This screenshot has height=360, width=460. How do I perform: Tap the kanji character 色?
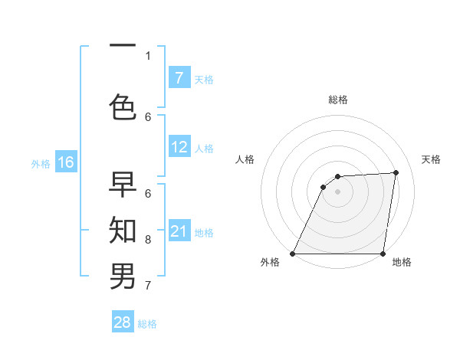pyautogui.click(x=123, y=106)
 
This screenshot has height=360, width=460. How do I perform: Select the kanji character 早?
pyautogui.click(x=123, y=185)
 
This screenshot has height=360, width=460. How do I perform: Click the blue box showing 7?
pyautogui.click(x=179, y=78)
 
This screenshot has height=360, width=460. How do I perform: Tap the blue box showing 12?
pyautogui.click(x=179, y=148)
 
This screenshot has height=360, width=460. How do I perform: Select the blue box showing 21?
pyautogui.click(x=179, y=231)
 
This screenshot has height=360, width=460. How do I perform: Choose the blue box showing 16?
pyautogui.click(x=66, y=162)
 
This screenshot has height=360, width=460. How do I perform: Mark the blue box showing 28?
pyautogui.click(x=123, y=322)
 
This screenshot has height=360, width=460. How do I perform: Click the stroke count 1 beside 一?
pyautogui.click(x=148, y=55)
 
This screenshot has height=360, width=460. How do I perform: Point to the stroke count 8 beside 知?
pyautogui.click(x=148, y=240)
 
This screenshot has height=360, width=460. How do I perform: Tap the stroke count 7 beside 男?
pyautogui.click(x=148, y=286)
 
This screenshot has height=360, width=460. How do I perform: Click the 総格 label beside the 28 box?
pyautogui.click(x=147, y=324)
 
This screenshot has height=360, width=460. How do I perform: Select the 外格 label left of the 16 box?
pyautogui.click(x=41, y=163)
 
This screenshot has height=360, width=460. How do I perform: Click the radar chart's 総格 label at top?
pyautogui.click(x=338, y=100)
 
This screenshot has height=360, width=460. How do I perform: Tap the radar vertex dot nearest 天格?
pyautogui.click(x=396, y=172)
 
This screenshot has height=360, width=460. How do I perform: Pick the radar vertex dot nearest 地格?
pyautogui.click(x=383, y=254)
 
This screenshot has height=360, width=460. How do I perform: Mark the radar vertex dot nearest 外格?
pyautogui.click(x=293, y=254)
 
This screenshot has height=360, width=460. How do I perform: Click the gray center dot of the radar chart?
pyautogui.click(x=338, y=191)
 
